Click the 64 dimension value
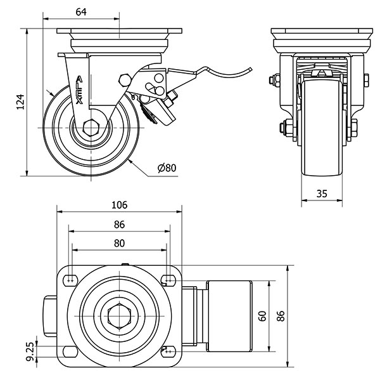coord(81,11)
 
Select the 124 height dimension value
coord(20,102)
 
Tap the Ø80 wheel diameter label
coord(167,168)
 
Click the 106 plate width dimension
coord(119,204)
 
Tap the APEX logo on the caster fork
coord(79,89)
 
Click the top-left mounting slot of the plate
coord(70,280)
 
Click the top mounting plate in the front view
coord(322,32)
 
